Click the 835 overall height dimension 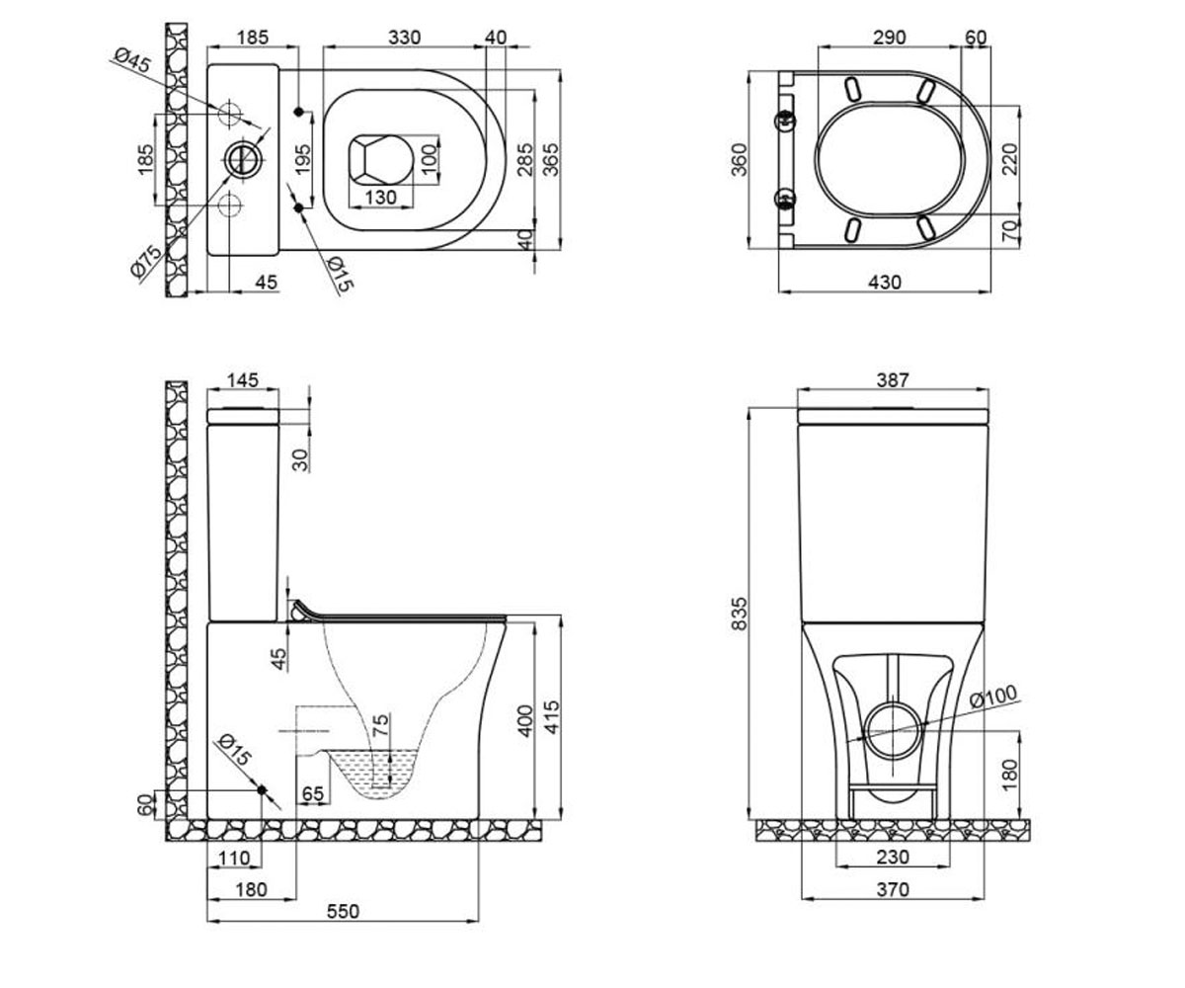point(739,613)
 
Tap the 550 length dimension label point(343,911)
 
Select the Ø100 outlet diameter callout point(993,697)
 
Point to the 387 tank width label point(893,379)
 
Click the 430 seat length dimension point(885,282)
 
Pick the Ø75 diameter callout point(146,262)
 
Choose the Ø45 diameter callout point(132,60)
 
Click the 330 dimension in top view point(404,38)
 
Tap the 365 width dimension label point(550,159)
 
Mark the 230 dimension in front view point(893,857)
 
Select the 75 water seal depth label point(381,725)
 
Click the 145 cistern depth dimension point(243,379)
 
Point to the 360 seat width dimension point(739,159)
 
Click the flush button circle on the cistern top point(245,159)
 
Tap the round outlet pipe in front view point(894,732)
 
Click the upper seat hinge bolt point(785,120)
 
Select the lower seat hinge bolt point(785,199)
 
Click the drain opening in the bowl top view point(379,159)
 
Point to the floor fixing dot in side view point(262,789)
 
